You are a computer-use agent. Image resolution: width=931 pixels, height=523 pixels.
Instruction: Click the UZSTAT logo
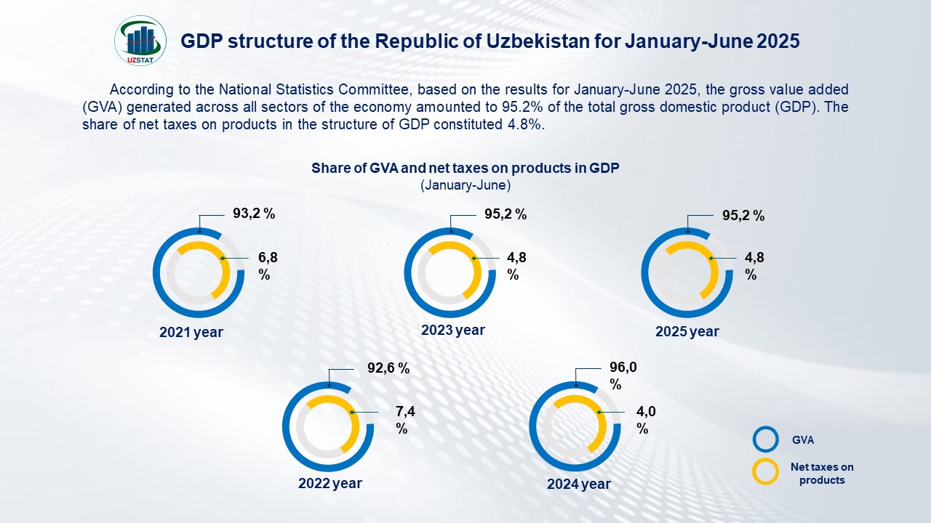[140, 39]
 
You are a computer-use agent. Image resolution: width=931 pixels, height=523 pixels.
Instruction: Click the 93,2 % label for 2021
[254, 214]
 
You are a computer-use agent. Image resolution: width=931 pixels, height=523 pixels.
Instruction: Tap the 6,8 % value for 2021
[268, 266]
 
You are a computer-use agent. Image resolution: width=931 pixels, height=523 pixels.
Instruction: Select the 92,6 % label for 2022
[388, 368]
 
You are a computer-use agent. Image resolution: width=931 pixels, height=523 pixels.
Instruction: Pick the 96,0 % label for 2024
[623, 376]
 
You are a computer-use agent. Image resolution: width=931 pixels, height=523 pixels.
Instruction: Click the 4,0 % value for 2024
[646, 420]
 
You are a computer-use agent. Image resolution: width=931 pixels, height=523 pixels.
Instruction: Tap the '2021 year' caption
[191, 332]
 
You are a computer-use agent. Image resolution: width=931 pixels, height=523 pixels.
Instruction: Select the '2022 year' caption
[330, 483]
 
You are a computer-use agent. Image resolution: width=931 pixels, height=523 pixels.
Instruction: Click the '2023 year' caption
[453, 330]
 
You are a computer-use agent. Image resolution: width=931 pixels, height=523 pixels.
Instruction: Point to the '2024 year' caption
[579, 484]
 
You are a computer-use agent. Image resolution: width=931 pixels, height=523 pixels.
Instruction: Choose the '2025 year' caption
[687, 331]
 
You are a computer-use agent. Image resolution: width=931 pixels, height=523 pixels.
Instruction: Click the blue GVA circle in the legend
[766, 439]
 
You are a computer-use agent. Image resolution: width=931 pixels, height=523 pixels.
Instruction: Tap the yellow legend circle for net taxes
[766, 472]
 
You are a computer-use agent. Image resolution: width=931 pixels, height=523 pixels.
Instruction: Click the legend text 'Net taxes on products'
[822, 473]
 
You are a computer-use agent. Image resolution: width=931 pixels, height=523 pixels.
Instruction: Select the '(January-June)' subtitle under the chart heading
[465, 185]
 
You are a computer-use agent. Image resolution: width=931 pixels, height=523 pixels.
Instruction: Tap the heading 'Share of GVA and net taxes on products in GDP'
[465, 168]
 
